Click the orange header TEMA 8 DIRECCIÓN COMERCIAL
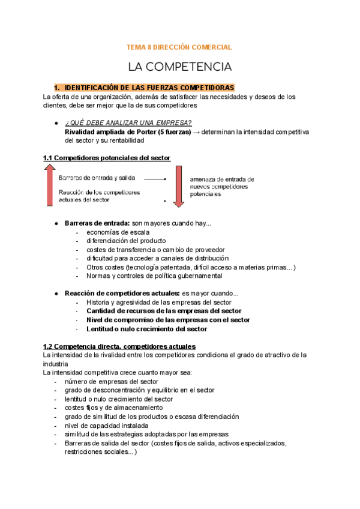(179, 47)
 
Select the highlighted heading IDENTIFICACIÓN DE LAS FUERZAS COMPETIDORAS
(149, 88)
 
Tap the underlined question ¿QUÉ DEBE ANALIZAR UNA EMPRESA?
(128, 123)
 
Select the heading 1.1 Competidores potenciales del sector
(107, 158)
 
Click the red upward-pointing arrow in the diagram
(49, 186)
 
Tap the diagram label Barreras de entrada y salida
(97, 178)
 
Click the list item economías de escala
(118, 232)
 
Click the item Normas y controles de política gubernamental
(154, 276)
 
